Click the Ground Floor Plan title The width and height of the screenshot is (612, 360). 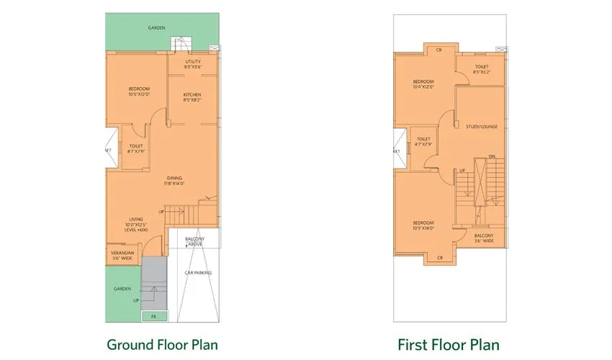162,344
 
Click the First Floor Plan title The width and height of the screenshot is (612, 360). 449,344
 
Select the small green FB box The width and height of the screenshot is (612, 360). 153,316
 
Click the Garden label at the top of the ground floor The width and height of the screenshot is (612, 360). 156,28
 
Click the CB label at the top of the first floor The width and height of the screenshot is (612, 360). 438,50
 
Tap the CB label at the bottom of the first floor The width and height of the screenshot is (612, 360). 438,257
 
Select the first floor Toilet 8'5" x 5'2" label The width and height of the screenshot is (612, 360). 481,70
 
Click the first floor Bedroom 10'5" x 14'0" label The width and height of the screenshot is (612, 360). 423,225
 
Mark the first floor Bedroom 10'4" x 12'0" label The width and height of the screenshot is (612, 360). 423,84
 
